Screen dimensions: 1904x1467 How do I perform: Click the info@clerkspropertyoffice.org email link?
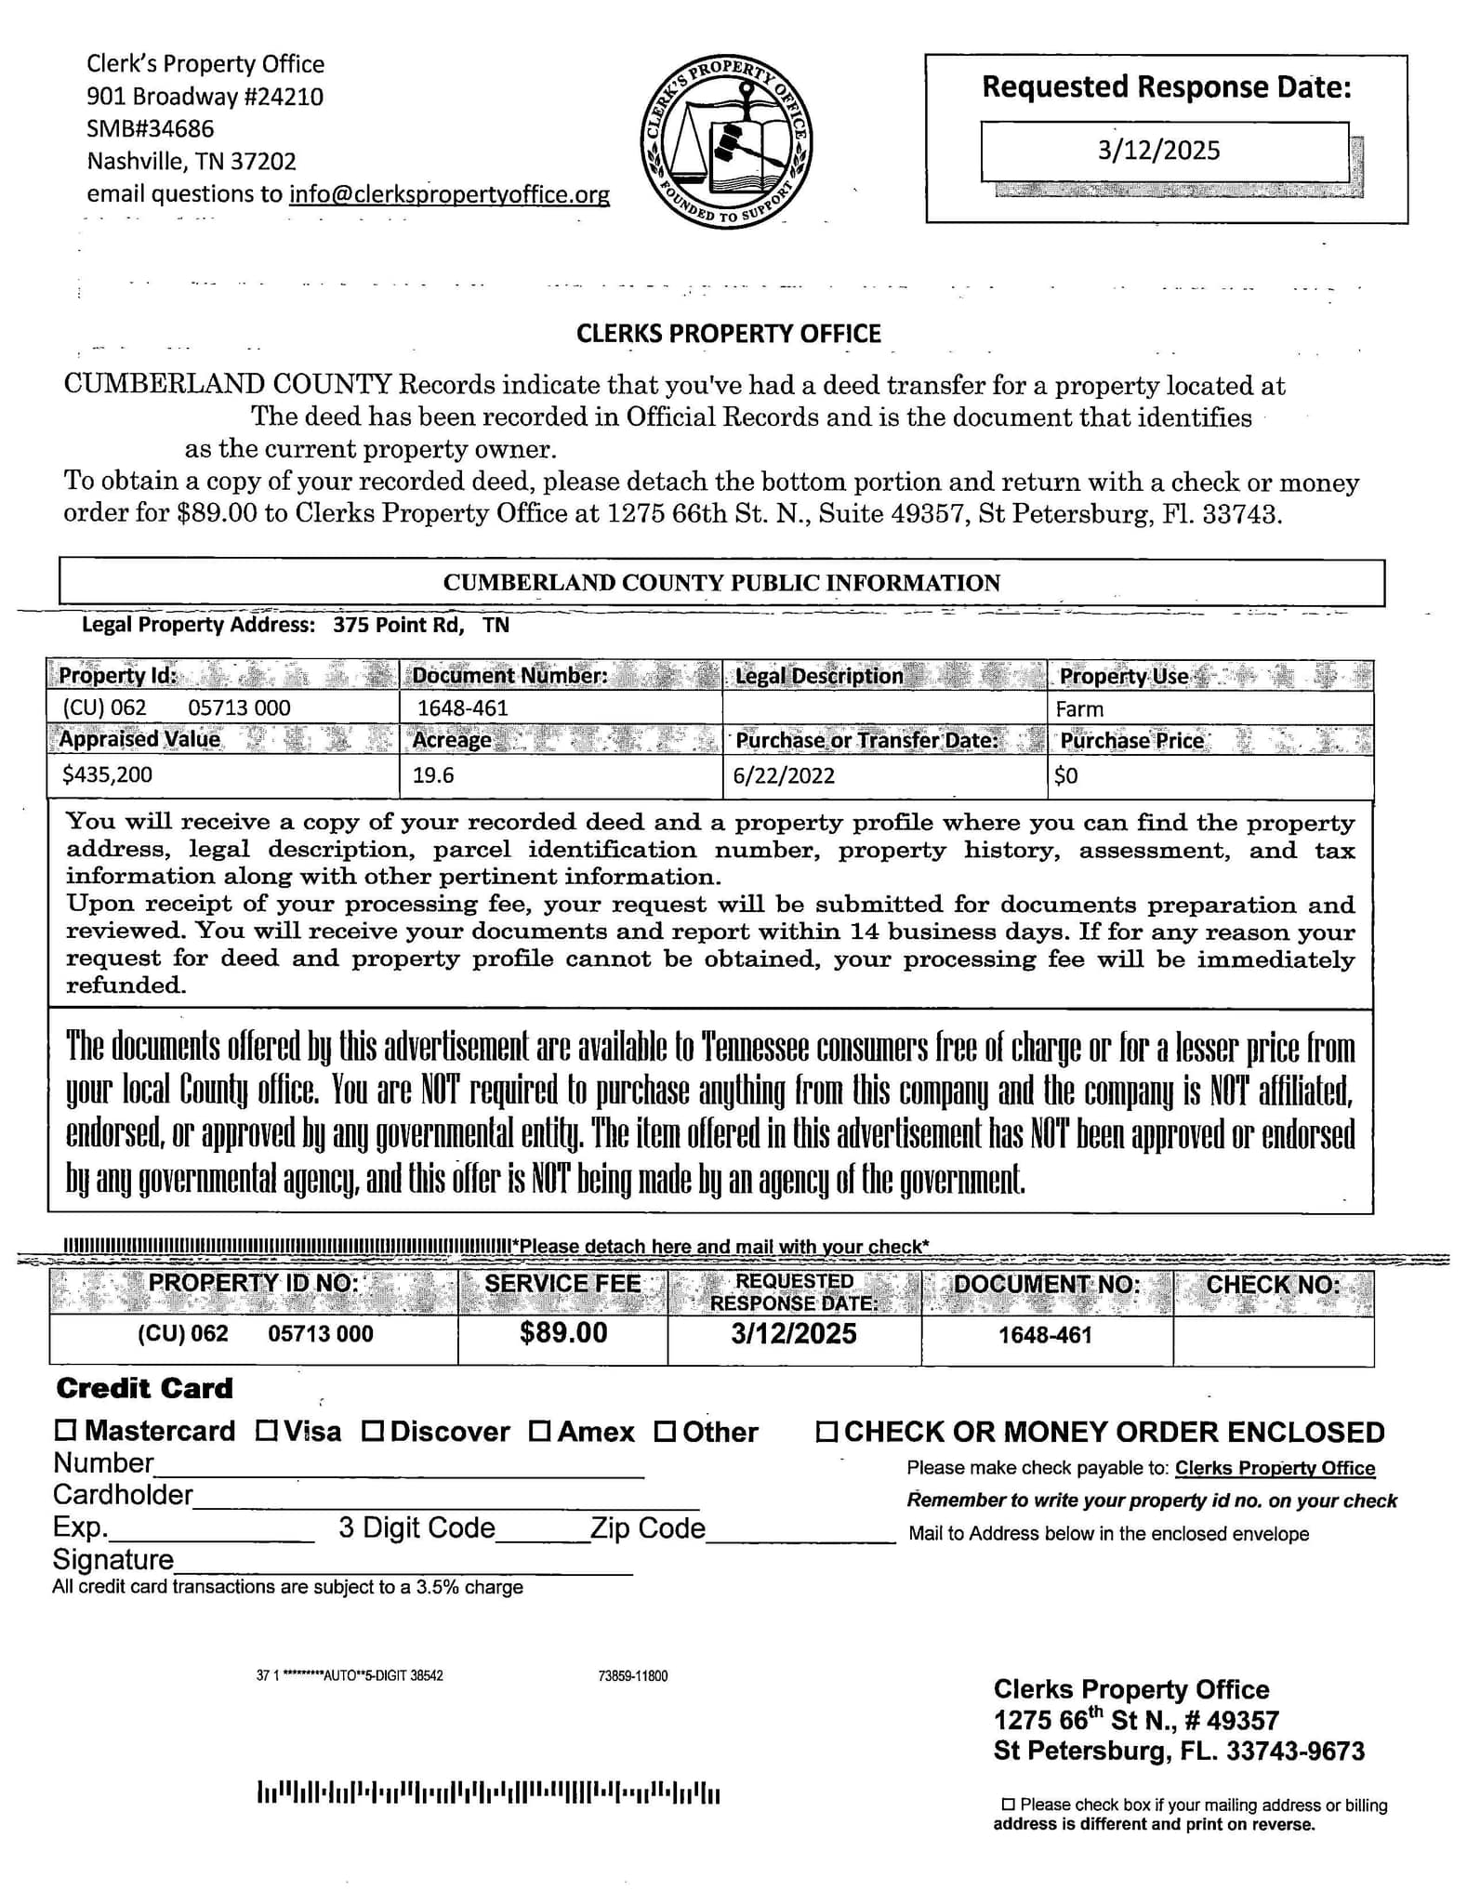pyautogui.click(x=449, y=194)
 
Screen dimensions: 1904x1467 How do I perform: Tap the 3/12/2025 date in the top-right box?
pyautogui.click(x=1158, y=151)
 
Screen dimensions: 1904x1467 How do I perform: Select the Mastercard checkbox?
pyautogui.click(x=65, y=1430)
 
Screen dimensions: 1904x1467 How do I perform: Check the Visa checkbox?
pyautogui.click(x=266, y=1430)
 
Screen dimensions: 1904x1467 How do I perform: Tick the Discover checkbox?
pyautogui.click(x=373, y=1430)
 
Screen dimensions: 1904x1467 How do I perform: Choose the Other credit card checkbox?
pyautogui.click(x=665, y=1430)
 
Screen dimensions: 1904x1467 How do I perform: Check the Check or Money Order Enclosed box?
pyautogui.click(x=826, y=1431)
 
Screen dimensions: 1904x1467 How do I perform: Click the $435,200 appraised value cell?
pyautogui.click(x=108, y=774)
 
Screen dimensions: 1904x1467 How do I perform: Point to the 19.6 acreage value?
pyautogui.click(x=433, y=774)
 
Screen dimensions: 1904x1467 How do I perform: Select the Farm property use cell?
pyautogui.click(x=1080, y=708)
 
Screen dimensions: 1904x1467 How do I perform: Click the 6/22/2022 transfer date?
pyautogui.click(x=784, y=774)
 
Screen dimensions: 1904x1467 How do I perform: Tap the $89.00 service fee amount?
pyautogui.click(x=563, y=1332)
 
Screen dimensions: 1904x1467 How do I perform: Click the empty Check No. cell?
pyautogui.click(x=1272, y=1340)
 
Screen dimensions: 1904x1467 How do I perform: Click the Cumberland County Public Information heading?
pyautogui.click(x=721, y=583)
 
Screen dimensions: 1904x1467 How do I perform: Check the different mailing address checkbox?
pyautogui.click(x=1008, y=1804)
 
